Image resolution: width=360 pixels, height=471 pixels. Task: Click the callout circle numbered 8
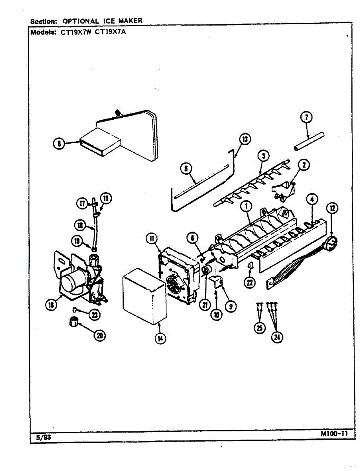(60, 144)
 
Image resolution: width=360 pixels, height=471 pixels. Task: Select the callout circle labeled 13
(245, 139)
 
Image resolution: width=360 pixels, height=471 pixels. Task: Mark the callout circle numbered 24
(278, 337)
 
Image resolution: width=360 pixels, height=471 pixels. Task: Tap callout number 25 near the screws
(259, 328)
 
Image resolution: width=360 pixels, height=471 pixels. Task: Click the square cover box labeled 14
(144, 296)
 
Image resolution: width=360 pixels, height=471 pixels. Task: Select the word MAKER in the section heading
(129, 20)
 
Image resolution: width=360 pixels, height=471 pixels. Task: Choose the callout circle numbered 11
(152, 238)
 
